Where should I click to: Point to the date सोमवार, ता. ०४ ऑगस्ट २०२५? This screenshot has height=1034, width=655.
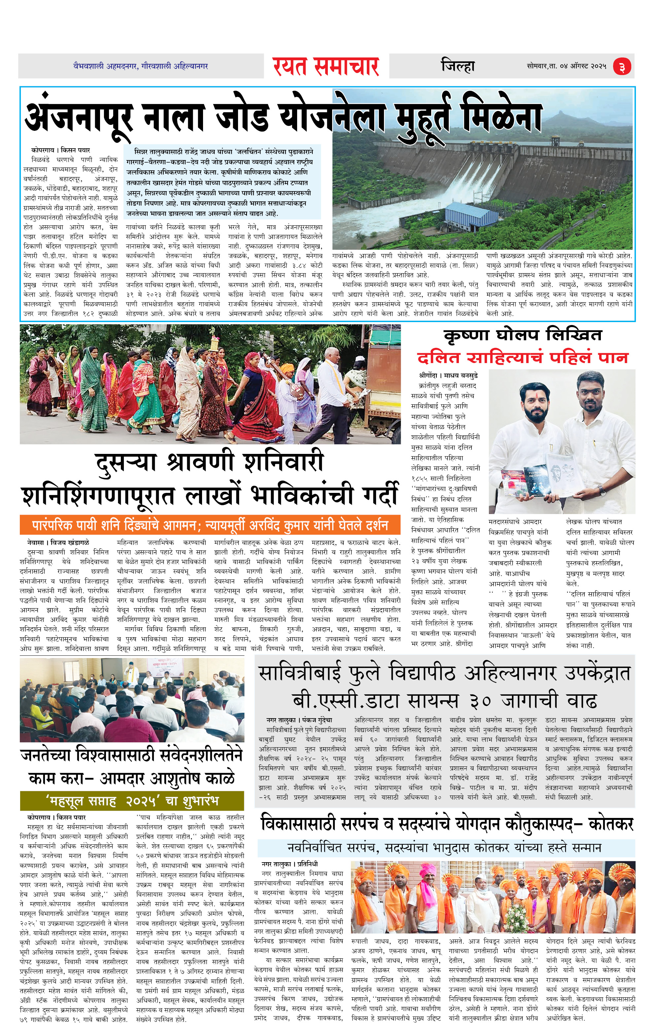pyautogui.click(x=566, y=66)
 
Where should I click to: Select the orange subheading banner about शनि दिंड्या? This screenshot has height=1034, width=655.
pyautogui.click(x=210, y=525)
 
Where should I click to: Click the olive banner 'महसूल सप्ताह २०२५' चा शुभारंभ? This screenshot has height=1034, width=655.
pyautogui.click(x=132, y=801)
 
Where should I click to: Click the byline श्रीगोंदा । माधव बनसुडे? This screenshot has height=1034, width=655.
pyautogui.click(x=448, y=375)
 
